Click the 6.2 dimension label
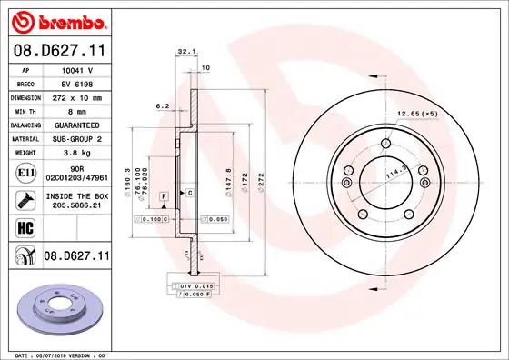(164, 106)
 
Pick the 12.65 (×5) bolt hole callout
(418, 114)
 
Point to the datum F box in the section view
(164, 195)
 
